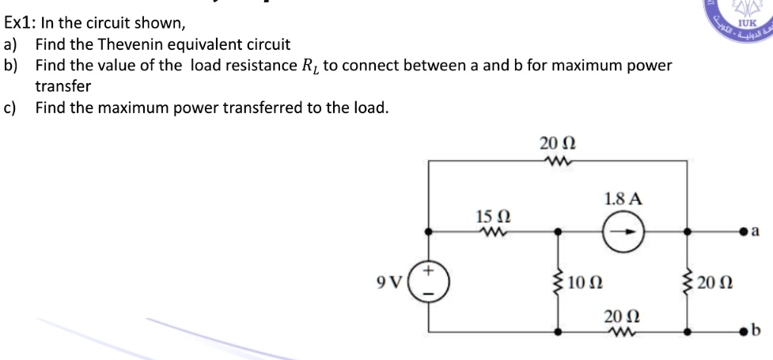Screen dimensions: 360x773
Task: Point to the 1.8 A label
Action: coord(622,199)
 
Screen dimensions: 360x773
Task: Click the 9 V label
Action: coord(392,282)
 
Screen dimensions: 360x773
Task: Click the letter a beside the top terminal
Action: coord(757,232)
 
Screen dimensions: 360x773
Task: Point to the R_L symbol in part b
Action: coord(306,66)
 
